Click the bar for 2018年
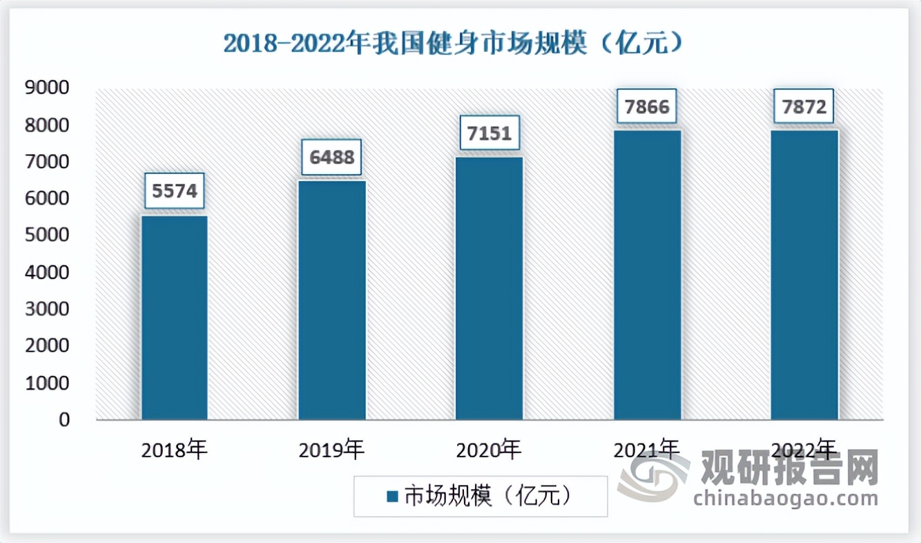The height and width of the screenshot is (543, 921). click(x=175, y=318)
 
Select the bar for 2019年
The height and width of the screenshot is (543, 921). click(x=332, y=300)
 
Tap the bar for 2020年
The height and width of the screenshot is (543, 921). click(x=489, y=288)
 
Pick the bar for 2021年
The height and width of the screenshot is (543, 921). click(x=648, y=275)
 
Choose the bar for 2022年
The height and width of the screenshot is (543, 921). click(x=804, y=275)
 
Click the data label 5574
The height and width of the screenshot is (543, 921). click(x=175, y=191)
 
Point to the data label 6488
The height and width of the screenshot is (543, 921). click(x=332, y=158)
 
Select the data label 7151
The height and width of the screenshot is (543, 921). click(x=489, y=133)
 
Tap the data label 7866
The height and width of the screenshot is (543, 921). click(x=648, y=107)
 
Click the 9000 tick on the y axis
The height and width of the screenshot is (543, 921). click(x=48, y=88)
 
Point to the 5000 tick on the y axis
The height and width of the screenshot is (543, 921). click(x=48, y=236)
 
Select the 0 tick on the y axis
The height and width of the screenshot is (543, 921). click(x=64, y=419)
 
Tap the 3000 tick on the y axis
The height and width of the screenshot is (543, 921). click(x=48, y=309)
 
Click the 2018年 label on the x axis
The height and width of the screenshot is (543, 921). click(x=174, y=450)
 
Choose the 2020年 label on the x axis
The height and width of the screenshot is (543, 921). click(x=489, y=450)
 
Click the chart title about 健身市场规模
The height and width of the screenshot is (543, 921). click(x=454, y=44)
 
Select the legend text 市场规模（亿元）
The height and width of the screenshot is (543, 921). click(x=487, y=496)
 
